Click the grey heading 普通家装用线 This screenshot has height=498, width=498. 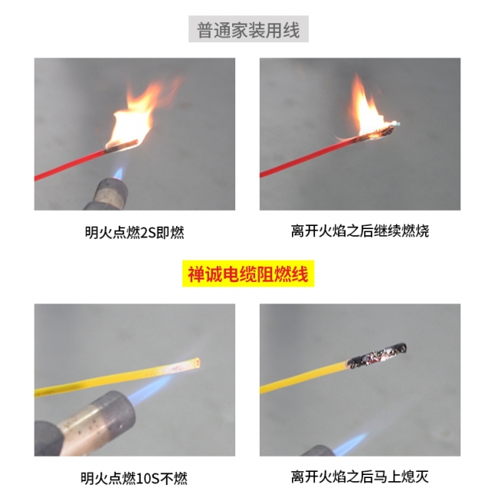(x=248, y=30)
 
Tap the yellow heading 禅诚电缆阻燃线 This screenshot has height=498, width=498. (x=248, y=274)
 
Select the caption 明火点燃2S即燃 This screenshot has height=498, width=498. (x=134, y=232)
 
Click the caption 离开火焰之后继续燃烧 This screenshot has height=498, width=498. (x=360, y=231)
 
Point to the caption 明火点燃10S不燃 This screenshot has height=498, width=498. (x=134, y=478)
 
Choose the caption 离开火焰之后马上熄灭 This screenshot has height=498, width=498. (x=360, y=477)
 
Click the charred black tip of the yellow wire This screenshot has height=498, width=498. (x=377, y=355)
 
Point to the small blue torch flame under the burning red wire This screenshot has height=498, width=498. (x=118, y=173)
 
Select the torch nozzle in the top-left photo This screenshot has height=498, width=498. (x=108, y=195)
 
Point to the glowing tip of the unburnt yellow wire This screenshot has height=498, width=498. (x=196, y=362)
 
